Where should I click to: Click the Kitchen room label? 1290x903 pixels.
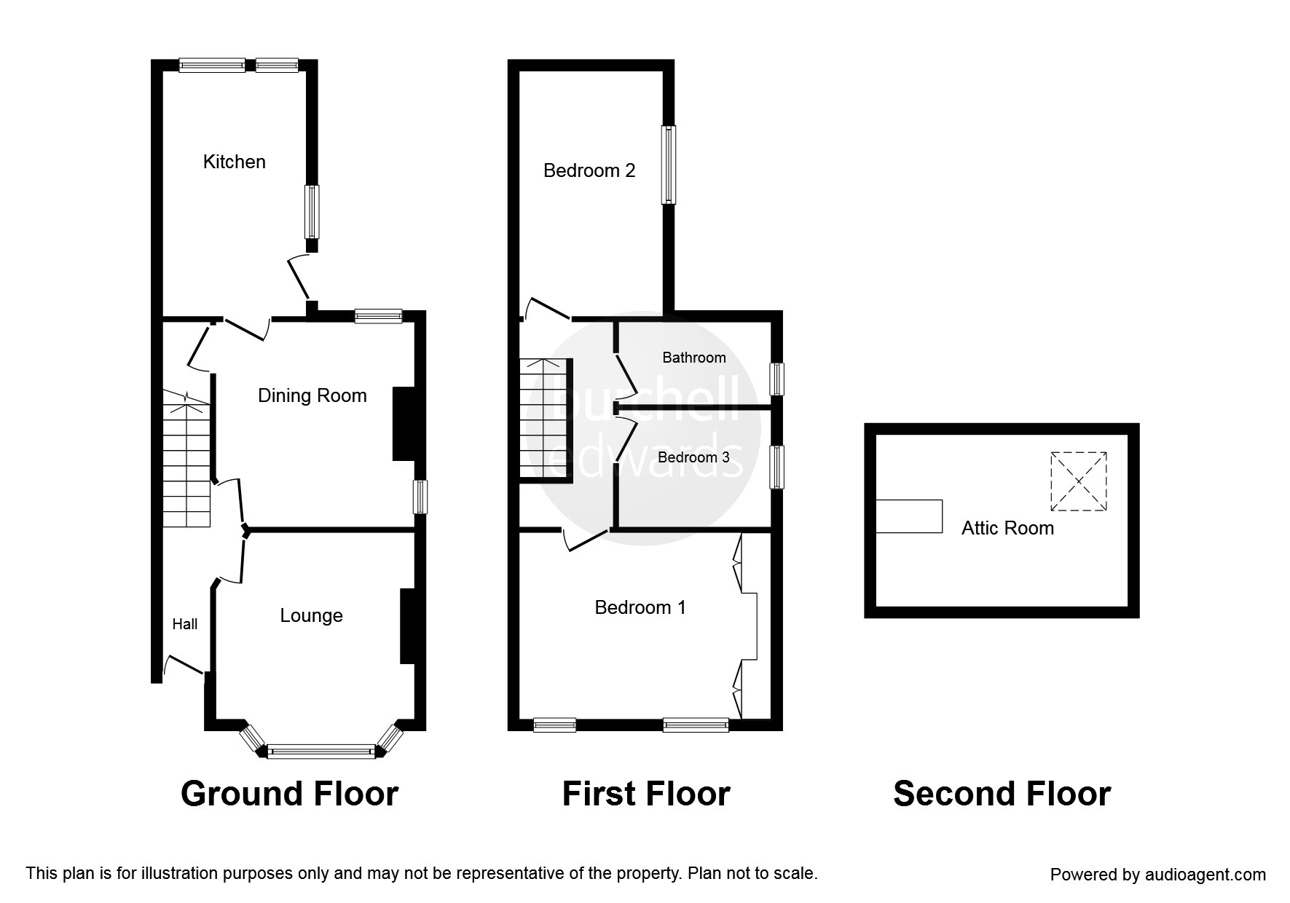pyautogui.click(x=234, y=162)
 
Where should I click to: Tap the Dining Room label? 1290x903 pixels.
pyautogui.click(x=312, y=395)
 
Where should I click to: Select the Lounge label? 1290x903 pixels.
pyautogui.click(x=311, y=615)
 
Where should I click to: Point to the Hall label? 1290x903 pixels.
pyautogui.click(x=184, y=624)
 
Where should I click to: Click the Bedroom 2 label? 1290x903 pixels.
pyautogui.click(x=589, y=170)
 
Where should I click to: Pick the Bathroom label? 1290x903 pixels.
pyautogui.click(x=693, y=358)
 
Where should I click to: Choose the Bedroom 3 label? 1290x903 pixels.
pyautogui.click(x=693, y=457)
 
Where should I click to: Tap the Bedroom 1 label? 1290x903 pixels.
pyautogui.click(x=640, y=607)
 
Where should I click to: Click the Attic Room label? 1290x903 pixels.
pyautogui.click(x=1007, y=528)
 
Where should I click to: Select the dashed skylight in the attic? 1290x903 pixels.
pyautogui.click(x=1078, y=481)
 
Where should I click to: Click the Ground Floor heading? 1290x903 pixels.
pyautogui.click(x=289, y=794)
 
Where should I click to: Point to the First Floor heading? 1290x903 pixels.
pyautogui.click(x=645, y=794)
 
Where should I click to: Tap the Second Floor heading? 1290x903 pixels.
pyautogui.click(x=1002, y=794)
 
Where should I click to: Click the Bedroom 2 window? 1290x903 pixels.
pyautogui.click(x=668, y=165)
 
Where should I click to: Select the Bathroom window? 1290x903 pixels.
pyautogui.click(x=777, y=379)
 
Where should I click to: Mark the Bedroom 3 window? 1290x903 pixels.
pyautogui.click(x=777, y=467)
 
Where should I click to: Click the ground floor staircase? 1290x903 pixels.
pyautogui.click(x=186, y=459)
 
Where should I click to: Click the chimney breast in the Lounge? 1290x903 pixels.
pyautogui.click(x=407, y=626)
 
